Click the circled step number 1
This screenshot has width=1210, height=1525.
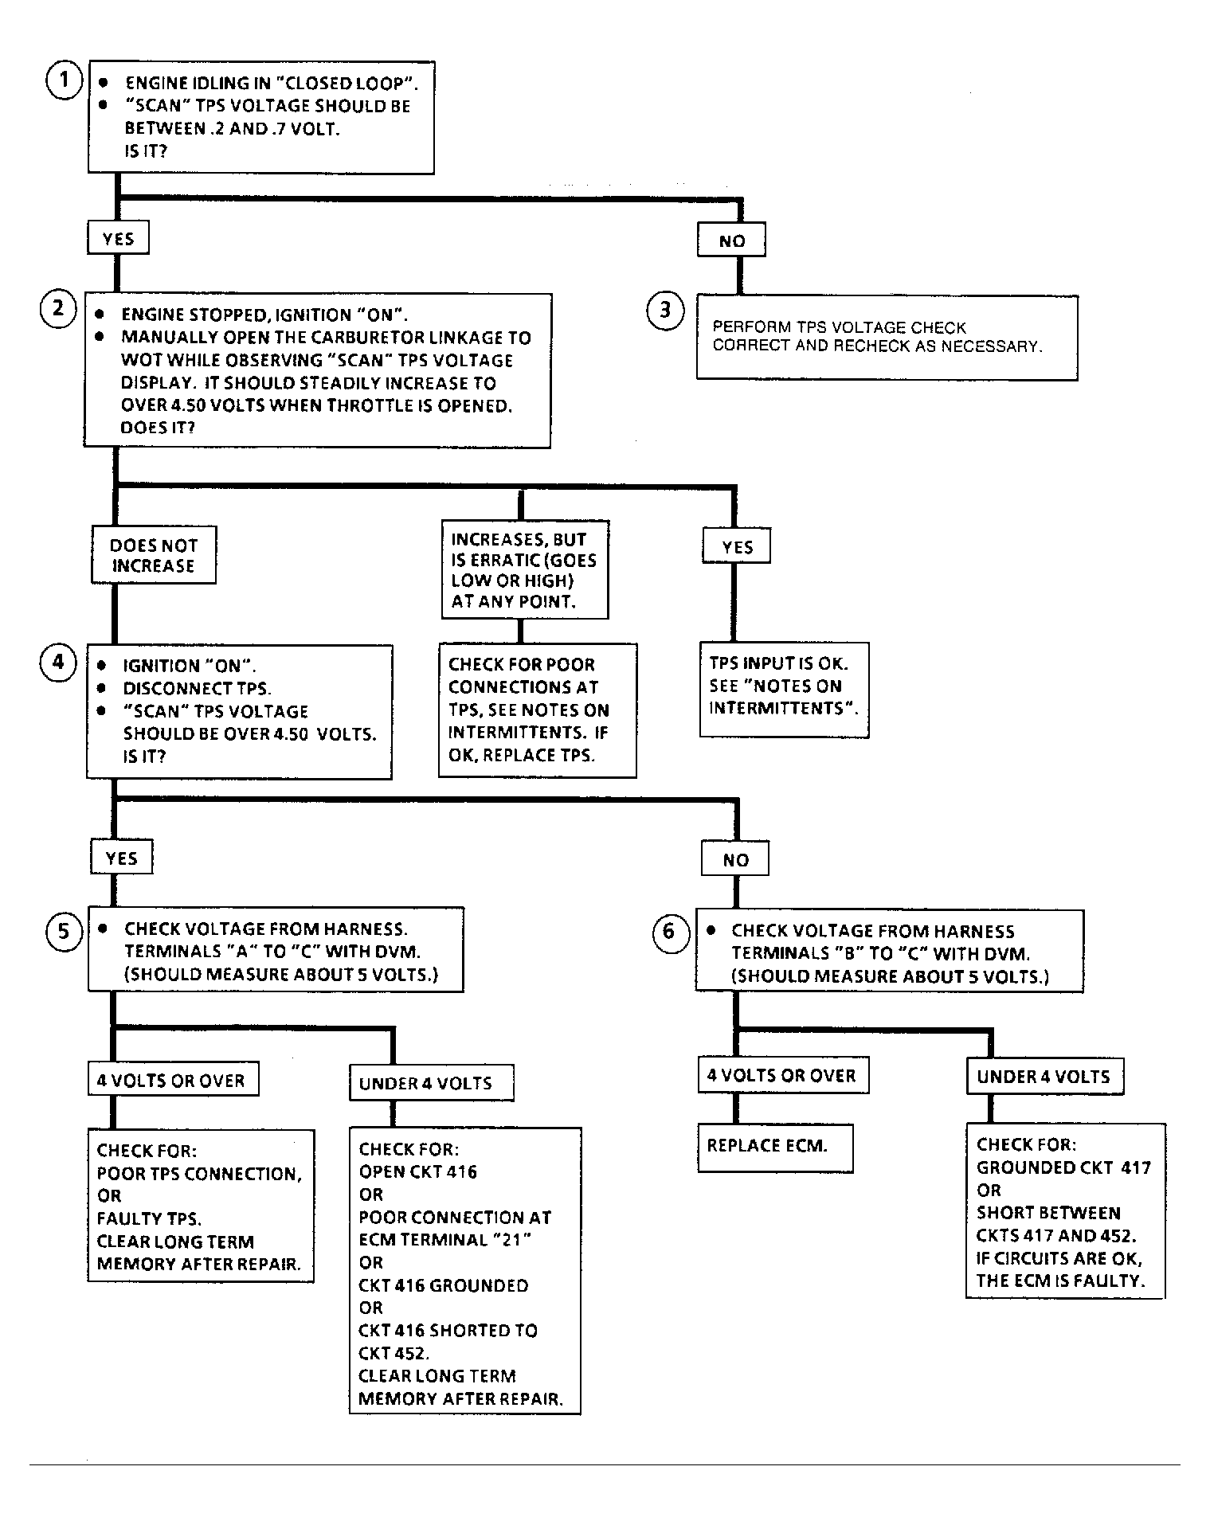pos(65,80)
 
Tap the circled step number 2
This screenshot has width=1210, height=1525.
pos(58,309)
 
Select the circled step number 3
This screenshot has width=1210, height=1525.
pos(666,310)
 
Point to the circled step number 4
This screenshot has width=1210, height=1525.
pos(58,663)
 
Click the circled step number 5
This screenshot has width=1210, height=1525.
pos(65,932)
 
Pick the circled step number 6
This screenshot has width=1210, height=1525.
pos(669,932)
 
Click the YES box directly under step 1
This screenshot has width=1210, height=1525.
pos(118,239)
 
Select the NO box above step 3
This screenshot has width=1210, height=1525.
pos(731,240)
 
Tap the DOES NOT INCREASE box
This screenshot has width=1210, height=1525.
pos(153,555)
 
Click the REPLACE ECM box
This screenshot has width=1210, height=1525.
pos(775,1148)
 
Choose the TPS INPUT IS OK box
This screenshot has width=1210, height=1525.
pos(785,690)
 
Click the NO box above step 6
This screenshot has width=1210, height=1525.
pos(735,859)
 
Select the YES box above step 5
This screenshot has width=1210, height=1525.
pos(121,858)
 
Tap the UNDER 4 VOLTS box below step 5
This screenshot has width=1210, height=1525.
pos(432,1083)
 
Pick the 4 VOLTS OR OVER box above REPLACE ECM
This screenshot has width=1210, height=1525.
pos(783,1075)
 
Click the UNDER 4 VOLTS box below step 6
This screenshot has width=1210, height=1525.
pos(1045,1077)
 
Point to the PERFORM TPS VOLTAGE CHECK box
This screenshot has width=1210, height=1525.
pos(887,338)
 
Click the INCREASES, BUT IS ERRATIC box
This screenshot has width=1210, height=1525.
pos(525,569)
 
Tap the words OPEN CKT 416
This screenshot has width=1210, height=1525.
pos(418,1171)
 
